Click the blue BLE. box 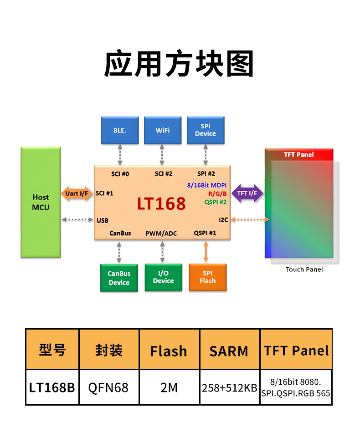[x=120, y=130]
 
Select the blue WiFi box [x=162, y=130]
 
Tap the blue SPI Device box [x=206, y=130]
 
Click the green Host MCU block [x=41, y=202]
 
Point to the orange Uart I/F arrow [x=77, y=193]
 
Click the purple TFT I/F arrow [x=247, y=193]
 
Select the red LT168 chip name [x=161, y=203]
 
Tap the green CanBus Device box [x=119, y=278]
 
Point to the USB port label [x=103, y=220]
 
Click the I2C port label [x=223, y=219]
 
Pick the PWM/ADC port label [x=161, y=234]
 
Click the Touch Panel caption [x=304, y=269]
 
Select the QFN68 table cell [x=109, y=387]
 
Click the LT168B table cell [x=52, y=387]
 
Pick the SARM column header [x=229, y=351]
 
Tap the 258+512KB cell [x=229, y=388]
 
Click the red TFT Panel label [x=298, y=155]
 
